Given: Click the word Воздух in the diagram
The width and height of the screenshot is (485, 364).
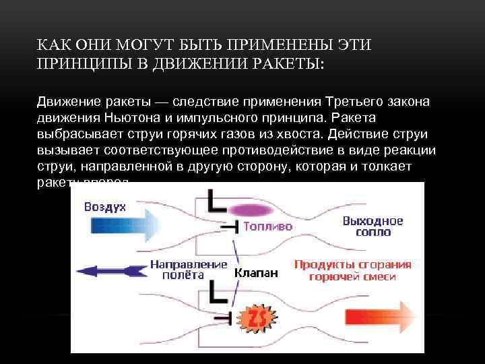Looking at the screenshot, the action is (105, 207).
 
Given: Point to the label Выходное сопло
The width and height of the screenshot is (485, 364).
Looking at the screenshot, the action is (373, 226).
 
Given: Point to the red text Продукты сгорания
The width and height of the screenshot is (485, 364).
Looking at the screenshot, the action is (352, 264).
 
